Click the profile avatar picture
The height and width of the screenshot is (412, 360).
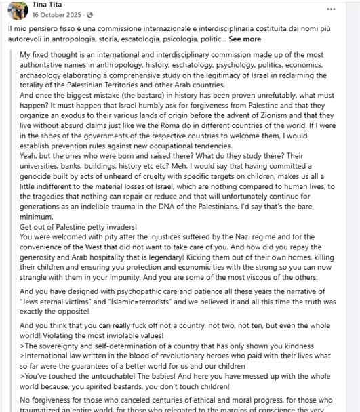18,9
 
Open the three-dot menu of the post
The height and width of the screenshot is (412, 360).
331,9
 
